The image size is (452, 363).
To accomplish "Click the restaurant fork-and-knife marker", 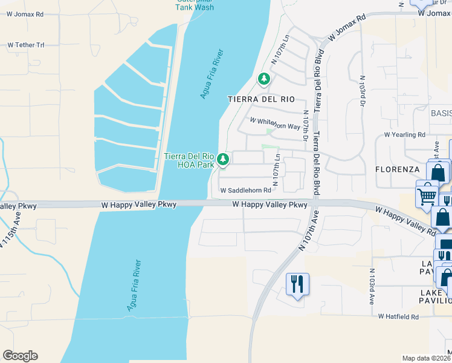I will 297,283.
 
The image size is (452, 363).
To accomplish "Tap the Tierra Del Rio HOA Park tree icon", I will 224,160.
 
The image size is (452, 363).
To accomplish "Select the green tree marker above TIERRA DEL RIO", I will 263,79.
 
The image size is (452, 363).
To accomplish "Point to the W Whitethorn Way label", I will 275,123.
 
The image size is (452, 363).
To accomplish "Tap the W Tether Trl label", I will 26,45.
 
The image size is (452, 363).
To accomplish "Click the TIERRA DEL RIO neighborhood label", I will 261,99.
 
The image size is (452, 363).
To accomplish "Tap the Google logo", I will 20,356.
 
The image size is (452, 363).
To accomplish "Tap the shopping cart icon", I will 427,194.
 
